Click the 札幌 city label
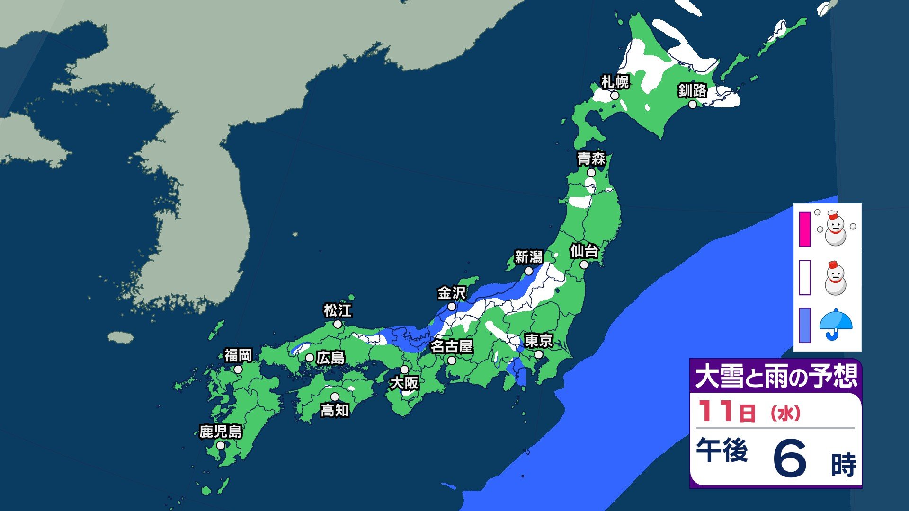point(615,82)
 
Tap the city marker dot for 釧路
point(692,105)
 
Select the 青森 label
point(591,159)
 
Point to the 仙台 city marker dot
point(584,265)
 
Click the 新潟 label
point(528,257)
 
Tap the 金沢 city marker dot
point(452,307)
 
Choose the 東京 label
point(538,341)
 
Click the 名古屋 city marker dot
point(452,361)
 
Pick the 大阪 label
point(404,383)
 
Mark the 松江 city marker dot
point(338,324)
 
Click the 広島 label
point(330,358)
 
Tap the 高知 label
point(335,410)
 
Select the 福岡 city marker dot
point(238,370)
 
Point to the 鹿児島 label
point(221,432)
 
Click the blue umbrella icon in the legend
point(836,325)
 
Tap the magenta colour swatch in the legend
point(804,229)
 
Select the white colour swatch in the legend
point(804,278)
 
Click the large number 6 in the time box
point(790,458)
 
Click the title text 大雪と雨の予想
point(775,377)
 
